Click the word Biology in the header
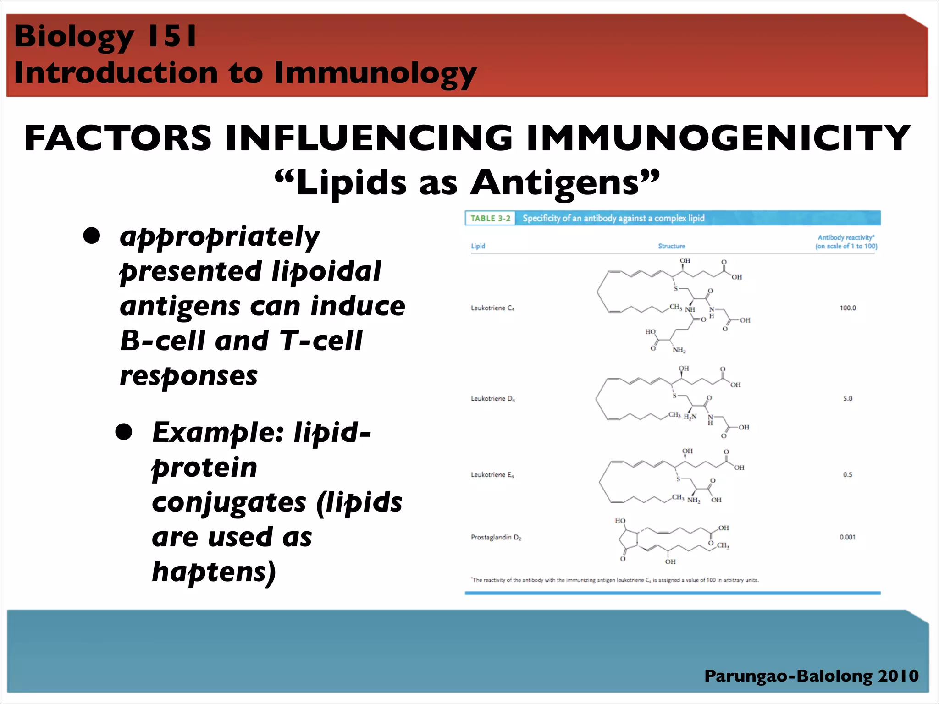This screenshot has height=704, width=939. pos(73,37)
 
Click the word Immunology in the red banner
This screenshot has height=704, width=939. pos(375,73)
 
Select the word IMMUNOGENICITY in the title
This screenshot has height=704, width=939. pos(718,138)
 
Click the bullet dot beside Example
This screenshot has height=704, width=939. pos(124,432)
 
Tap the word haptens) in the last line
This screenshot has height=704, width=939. pos(214,572)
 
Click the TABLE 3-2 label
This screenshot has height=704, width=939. pos(490,218)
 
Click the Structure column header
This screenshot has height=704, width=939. pos(671,246)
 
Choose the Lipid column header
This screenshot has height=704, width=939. pos(478,246)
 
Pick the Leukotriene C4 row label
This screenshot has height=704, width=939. pos(492,308)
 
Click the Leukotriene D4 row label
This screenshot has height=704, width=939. pos(492,399)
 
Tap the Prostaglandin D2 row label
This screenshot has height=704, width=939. pos(496,537)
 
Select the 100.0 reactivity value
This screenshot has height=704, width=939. pos(847,308)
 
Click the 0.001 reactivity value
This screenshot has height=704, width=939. pos(847,537)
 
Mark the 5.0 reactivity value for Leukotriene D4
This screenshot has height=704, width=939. pos(847,399)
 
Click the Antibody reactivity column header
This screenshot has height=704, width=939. pos(846,242)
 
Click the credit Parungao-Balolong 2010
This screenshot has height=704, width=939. pos(811,676)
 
